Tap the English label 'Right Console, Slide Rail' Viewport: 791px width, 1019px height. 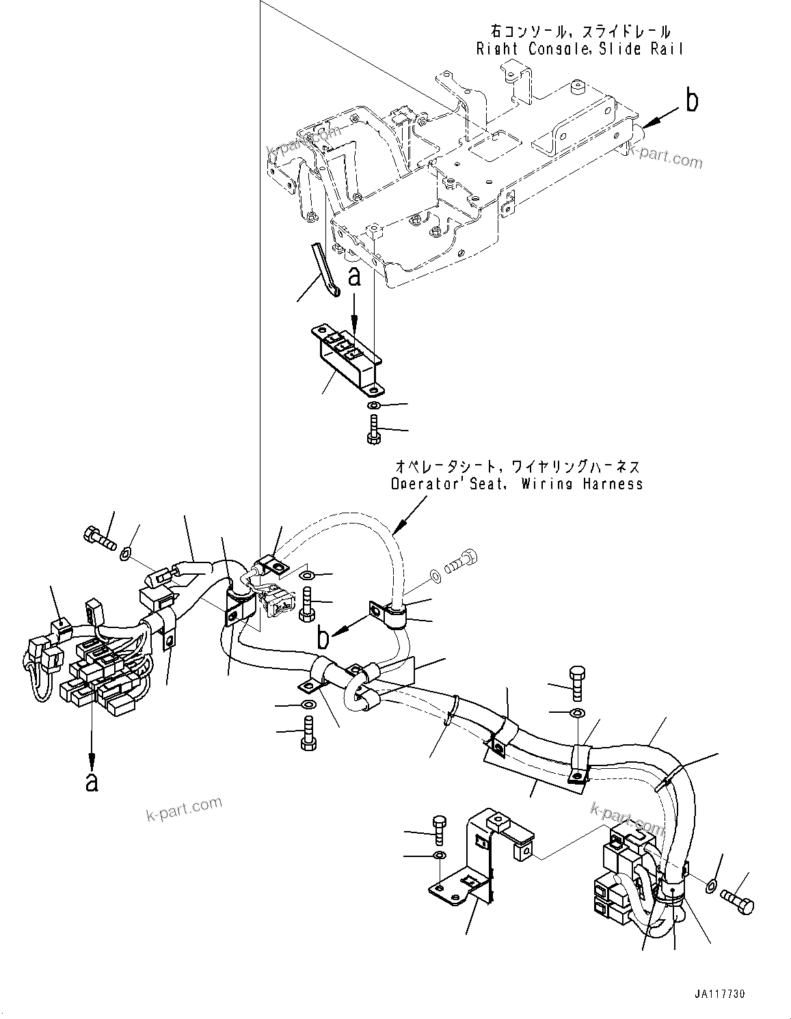coord(580,49)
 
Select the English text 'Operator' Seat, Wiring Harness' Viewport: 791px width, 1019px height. coord(517,484)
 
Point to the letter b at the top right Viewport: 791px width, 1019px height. coord(692,101)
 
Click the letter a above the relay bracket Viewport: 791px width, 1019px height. coord(353,277)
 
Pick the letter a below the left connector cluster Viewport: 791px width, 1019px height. coord(91,780)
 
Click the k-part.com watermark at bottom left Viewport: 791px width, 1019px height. coord(184,809)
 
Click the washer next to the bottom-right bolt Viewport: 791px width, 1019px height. coord(711,886)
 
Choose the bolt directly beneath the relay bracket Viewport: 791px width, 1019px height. coord(373,431)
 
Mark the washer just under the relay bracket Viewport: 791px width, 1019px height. coord(373,407)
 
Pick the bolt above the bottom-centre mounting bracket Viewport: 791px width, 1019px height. coord(440,829)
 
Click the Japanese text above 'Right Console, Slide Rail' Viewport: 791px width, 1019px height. coord(580,31)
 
